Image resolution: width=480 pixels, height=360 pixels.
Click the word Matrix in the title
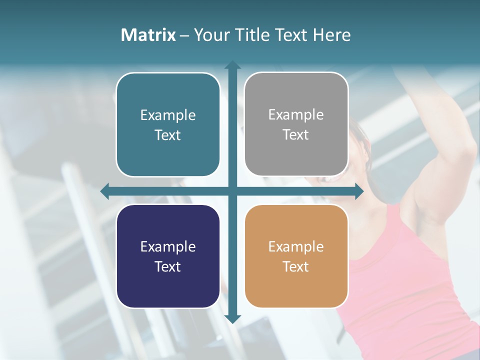tap(148, 35)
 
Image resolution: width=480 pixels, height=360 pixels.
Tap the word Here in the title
tap(331, 35)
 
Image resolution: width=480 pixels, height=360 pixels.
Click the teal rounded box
tap(168, 124)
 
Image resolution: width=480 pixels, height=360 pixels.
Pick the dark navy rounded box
tap(168, 256)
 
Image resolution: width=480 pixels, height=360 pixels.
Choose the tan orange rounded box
tap(296, 256)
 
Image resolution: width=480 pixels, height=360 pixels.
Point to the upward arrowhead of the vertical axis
tap(232, 65)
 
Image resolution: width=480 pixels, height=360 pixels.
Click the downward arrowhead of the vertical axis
tap(232, 318)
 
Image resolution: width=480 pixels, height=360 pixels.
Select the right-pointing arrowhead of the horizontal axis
tap(359, 191)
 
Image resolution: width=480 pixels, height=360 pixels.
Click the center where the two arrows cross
tap(232, 191)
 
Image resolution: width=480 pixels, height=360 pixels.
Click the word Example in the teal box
tap(168, 115)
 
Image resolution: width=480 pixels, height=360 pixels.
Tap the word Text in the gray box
tap(296, 135)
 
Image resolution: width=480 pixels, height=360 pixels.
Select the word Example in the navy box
tap(168, 247)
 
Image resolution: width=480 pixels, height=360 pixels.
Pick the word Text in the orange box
tap(296, 266)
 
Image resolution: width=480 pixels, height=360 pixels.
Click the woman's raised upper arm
tap(450, 165)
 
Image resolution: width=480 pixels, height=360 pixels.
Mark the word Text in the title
tap(290, 35)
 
